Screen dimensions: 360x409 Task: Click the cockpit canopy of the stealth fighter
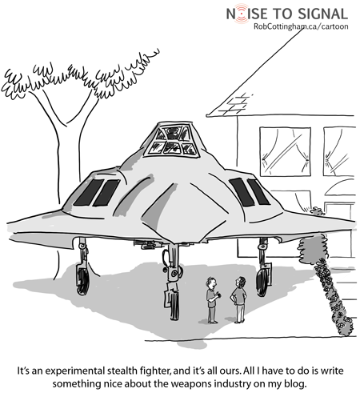(172, 141)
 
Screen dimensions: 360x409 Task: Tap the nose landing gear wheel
(174, 306)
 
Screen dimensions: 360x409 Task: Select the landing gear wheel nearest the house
(263, 282)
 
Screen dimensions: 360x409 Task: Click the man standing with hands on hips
(239, 299)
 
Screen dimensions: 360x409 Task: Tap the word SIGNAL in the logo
(322, 14)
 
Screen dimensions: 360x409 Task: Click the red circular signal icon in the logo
(242, 14)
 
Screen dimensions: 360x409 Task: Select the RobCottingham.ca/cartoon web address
(301, 26)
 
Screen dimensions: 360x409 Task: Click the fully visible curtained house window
(285, 151)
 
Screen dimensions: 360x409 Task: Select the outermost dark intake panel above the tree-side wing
(88, 192)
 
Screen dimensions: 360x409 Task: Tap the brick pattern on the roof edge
(235, 105)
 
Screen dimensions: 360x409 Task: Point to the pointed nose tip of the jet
(174, 243)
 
